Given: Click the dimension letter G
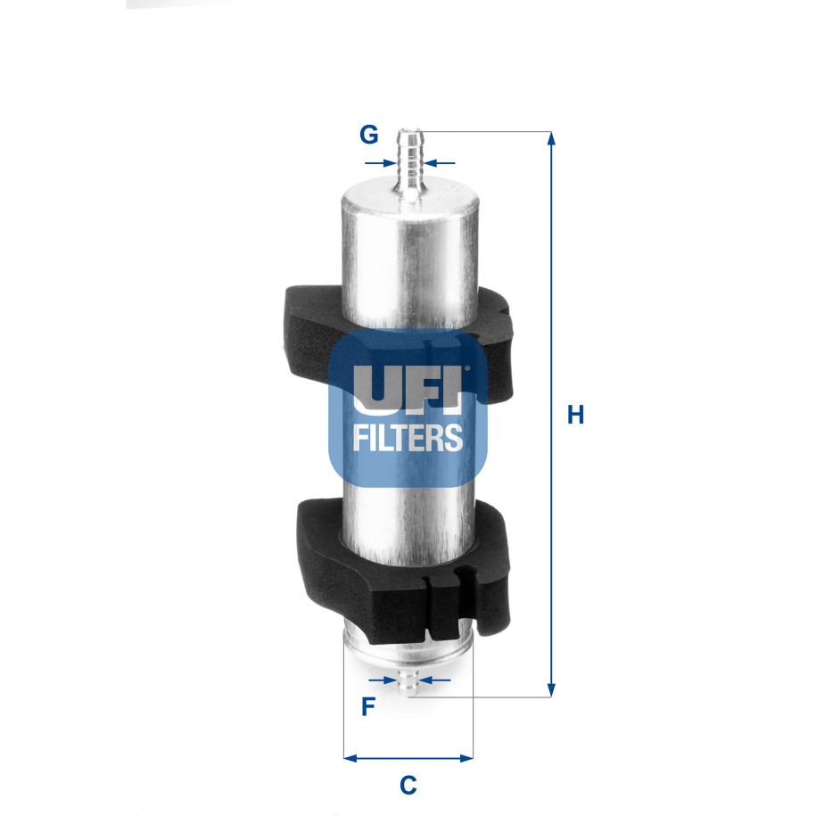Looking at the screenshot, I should coord(369,136).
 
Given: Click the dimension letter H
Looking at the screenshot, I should coord(576,415).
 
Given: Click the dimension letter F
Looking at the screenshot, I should coord(367,707).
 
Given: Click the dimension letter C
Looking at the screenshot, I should coord(408,786).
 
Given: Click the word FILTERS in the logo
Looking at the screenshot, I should coord(408,438).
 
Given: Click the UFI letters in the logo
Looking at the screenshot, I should coord(408,389).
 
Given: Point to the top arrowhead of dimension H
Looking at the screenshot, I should coord(551,139).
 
